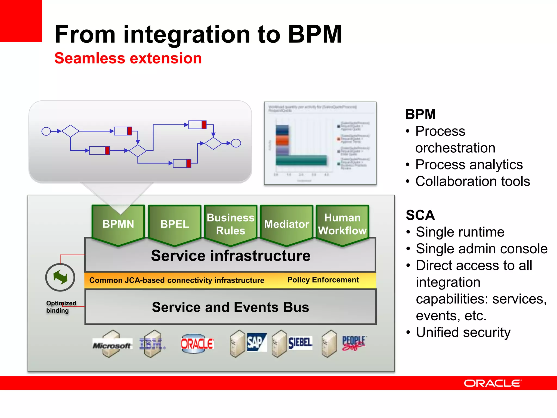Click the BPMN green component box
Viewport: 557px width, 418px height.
pyautogui.click(x=118, y=224)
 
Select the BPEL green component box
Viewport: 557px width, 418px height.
pyautogui.click(x=174, y=224)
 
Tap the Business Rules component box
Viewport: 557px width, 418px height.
pyautogui.click(x=230, y=224)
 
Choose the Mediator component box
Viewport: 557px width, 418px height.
pyautogui.click(x=286, y=224)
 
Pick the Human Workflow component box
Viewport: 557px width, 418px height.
pyautogui.click(x=342, y=224)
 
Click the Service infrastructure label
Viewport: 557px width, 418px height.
pyautogui.click(x=230, y=256)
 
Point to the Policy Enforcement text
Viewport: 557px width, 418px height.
pyautogui.click(x=323, y=280)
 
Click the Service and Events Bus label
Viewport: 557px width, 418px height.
pyautogui.click(x=230, y=307)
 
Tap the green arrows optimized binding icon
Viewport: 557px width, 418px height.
pyautogui.click(x=60, y=277)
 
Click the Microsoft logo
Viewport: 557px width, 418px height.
pyautogui.click(x=112, y=345)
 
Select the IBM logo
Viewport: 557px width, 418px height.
pyautogui.click(x=151, y=344)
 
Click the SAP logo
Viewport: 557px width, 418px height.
pyautogui.click(x=256, y=342)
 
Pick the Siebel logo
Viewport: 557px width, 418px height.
pyautogui.click(x=300, y=343)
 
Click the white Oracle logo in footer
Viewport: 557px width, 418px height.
pyautogui.click(x=492, y=383)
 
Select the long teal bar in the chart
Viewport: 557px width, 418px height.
pyautogui.click(x=301, y=160)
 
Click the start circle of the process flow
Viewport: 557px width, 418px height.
pyautogui.click(x=46, y=131)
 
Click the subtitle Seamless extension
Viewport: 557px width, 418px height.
pyautogui.click(x=128, y=58)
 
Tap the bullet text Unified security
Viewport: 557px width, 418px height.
pyautogui.click(x=463, y=332)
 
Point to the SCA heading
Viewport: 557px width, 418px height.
pyautogui.click(x=420, y=215)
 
